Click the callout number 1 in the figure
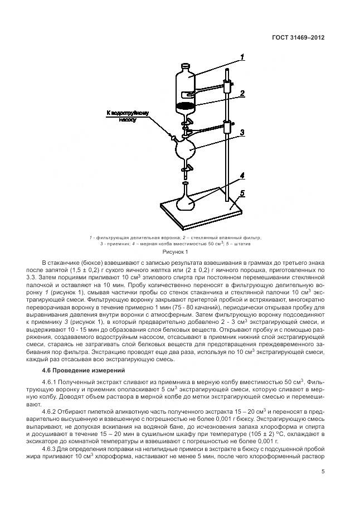pyautogui.click(x=242, y=57)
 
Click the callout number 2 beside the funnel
pyautogui.click(x=242, y=94)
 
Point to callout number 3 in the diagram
pyautogui.click(x=242, y=132)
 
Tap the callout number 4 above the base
pyautogui.click(x=242, y=176)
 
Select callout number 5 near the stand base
pyautogui.click(x=242, y=193)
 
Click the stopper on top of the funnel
pyautogui.click(x=186, y=66)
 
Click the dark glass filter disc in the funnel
pyautogui.click(x=186, y=106)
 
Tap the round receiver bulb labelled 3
pyautogui.click(x=185, y=149)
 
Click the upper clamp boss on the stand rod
pyautogui.click(x=227, y=86)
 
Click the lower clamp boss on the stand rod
pyautogui.click(x=227, y=127)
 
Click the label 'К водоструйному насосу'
pyautogui.click(x=128, y=116)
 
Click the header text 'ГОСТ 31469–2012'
pyautogui.click(x=298, y=38)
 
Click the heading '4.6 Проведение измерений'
pyautogui.click(x=84, y=370)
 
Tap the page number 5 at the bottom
pyautogui.click(x=323, y=471)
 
